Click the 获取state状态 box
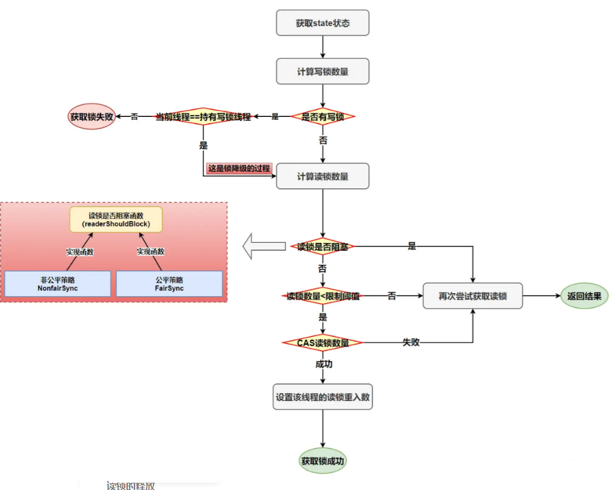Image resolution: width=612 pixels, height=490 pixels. click(323, 24)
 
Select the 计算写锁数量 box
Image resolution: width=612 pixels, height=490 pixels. click(323, 71)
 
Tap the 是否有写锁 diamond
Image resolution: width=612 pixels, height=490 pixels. click(323, 116)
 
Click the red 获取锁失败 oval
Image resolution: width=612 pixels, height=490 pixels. click(91, 116)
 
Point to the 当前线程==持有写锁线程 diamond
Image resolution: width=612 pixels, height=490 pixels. click(203, 116)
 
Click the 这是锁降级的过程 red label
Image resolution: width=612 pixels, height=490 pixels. click(239, 168)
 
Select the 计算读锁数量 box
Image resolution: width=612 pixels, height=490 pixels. click(323, 177)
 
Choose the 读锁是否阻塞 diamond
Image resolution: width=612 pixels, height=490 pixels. click(323, 247)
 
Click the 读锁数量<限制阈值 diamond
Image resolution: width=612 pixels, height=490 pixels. click(323, 296)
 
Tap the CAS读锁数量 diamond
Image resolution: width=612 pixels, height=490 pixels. click(323, 343)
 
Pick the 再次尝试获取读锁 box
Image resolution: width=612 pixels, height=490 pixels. click(472, 296)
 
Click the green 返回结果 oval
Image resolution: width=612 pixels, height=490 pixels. click(584, 296)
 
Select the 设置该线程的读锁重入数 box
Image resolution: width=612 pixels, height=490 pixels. click(323, 397)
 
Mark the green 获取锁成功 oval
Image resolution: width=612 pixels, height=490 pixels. click(323, 461)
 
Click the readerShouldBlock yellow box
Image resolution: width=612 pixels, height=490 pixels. click(116, 219)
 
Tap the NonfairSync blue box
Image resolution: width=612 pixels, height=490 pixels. click(58, 284)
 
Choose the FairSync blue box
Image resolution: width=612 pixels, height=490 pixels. click(169, 284)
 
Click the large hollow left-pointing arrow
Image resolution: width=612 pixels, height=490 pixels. click(263, 247)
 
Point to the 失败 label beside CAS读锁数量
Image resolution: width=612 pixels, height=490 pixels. click(412, 342)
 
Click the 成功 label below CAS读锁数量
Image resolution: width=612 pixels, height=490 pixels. click(323, 365)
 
